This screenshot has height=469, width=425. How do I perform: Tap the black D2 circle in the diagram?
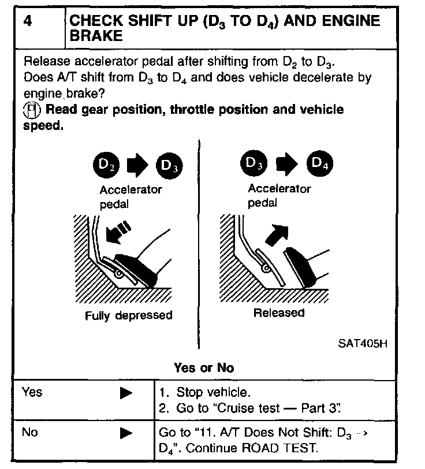pyautogui.click(x=102, y=166)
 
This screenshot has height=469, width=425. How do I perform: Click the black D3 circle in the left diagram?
pyautogui.click(x=169, y=166)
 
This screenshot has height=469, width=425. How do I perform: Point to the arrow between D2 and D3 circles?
pyautogui.click(x=135, y=166)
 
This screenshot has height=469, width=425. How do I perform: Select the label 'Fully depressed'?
pyautogui.click(x=128, y=315)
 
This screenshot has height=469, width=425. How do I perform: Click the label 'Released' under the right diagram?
pyautogui.click(x=279, y=312)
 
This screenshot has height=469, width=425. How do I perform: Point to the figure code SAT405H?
pyautogui.click(x=362, y=343)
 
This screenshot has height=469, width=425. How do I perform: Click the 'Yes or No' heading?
pyautogui.click(x=204, y=367)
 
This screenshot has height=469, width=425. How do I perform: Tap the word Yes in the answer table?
pyautogui.click(x=32, y=392)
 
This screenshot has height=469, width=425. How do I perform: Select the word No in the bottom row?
pyautogui.click(x=29, y=432)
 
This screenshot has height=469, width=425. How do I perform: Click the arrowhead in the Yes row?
pyautogui.click(x=126, y=393)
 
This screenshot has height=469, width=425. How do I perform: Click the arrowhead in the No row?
pyautogui.click(x=126, y=433)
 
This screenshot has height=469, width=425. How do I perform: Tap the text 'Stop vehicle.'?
pyautogui.click(x=214, y=393)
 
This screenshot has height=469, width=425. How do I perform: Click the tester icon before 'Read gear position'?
pyautogui.click(x=32, y=110)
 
